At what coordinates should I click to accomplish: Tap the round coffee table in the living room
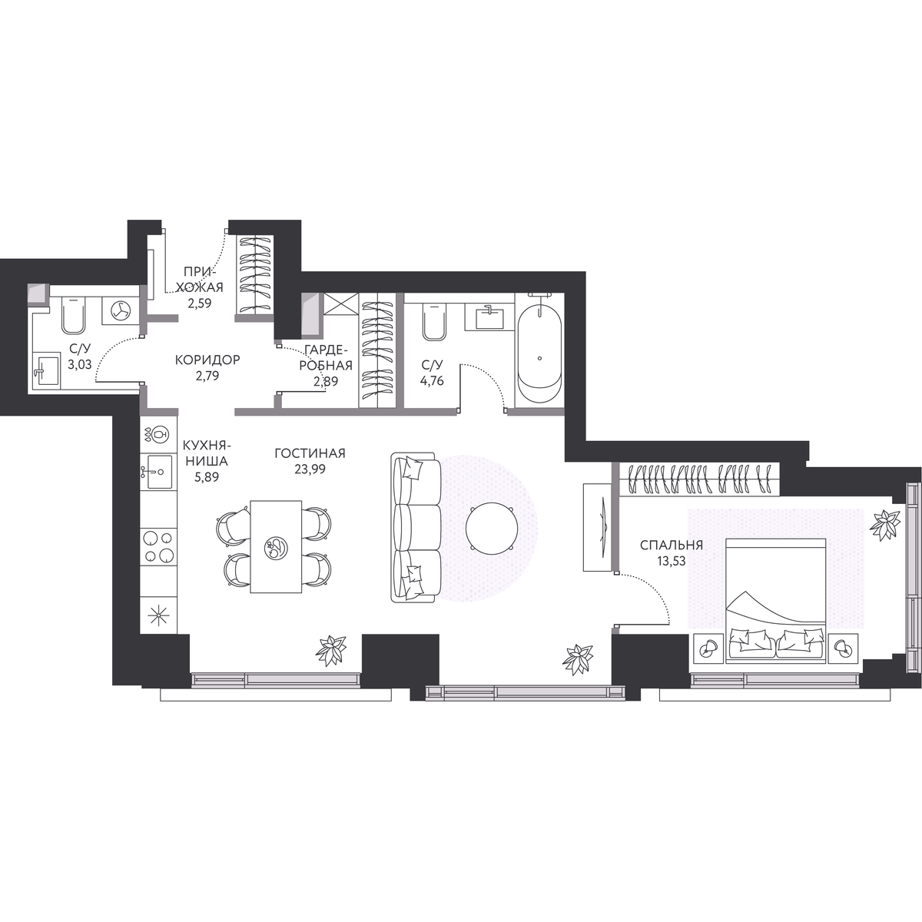[492, 528]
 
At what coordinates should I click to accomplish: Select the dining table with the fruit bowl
[276, 546]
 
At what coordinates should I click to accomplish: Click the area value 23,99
[310, 469]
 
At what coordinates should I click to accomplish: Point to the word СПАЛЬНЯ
[672, 545]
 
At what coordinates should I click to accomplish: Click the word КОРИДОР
[207, 360]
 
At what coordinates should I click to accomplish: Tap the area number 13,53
[672, 561]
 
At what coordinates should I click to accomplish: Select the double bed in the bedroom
[775, 601]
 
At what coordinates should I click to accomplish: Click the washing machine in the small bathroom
[121, 310]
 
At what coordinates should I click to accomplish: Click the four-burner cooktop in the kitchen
[158, 546]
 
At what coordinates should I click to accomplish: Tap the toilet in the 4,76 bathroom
[434, 323]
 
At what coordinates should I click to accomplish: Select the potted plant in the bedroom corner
[884, 525]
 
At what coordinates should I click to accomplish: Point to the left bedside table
[708, 648]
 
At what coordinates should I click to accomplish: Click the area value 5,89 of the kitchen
[207, 477]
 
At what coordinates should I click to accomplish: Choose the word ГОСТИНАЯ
[310, 453]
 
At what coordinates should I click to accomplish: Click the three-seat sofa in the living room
[416, 527]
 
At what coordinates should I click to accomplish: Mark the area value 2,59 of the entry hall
[200, 303]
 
